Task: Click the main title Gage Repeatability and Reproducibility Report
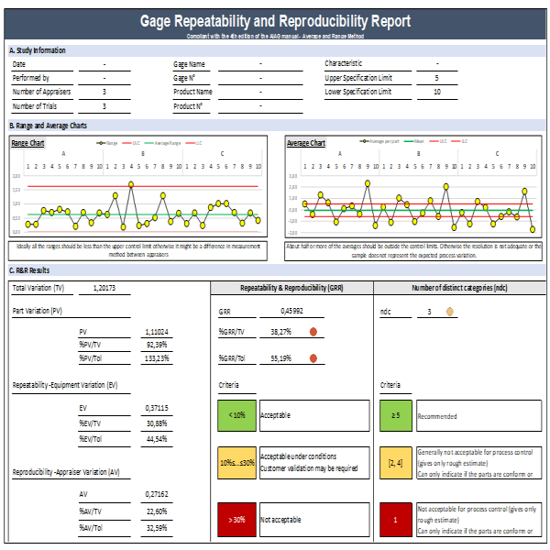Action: coord(275,21)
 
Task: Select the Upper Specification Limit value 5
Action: coord(436,78)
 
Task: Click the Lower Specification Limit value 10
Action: coord(436,92)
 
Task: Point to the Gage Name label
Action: coord(189,64)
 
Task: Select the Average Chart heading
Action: coord(306,143)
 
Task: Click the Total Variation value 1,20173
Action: coord(110,288)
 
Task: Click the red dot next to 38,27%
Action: coord(313,332)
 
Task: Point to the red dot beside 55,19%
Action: coord(313,358)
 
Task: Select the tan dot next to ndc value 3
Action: coord(450,312)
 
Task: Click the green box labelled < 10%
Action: coord(236,415)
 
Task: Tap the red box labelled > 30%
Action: coord(236,521)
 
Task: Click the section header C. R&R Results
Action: coord(31,270)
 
